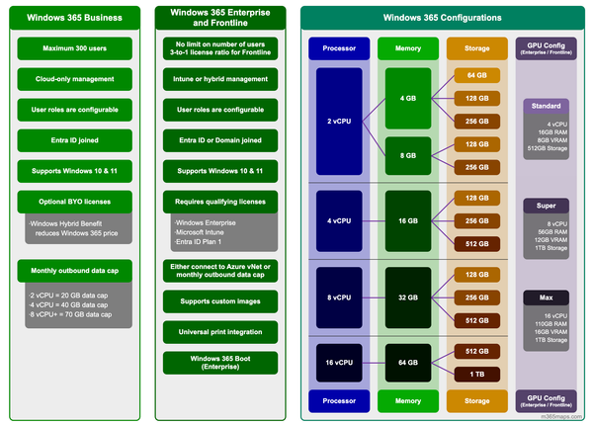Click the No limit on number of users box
point(219,48)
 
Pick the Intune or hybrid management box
point(219,79)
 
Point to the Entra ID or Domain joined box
point(219,140)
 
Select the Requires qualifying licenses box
point(219,202)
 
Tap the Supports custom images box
point(219,300)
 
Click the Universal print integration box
point(219,331)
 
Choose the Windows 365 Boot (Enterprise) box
point(219,362)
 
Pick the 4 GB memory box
point(407,99)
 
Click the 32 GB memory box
point(407,296)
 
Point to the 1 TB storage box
point(476,374)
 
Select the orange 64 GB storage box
point(476,75)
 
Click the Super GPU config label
point(546,206)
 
